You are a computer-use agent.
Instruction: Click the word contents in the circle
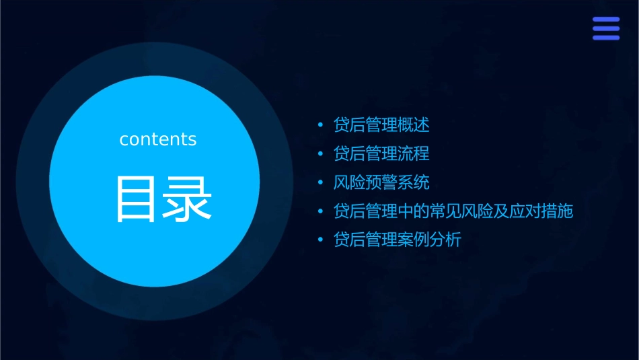158,139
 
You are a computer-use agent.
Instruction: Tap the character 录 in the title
188,199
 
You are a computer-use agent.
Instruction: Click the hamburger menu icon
605,28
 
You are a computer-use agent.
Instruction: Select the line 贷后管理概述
381,125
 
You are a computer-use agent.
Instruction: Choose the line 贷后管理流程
381,154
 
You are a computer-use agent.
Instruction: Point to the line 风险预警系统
381,183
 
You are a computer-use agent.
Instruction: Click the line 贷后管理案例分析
398,240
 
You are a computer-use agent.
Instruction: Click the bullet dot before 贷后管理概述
321,126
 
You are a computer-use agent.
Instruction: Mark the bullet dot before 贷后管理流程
321,155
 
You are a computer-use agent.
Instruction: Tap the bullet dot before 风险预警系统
321,184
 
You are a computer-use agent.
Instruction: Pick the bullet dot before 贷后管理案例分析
321,241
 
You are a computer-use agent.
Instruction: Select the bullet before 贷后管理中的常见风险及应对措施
321,212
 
